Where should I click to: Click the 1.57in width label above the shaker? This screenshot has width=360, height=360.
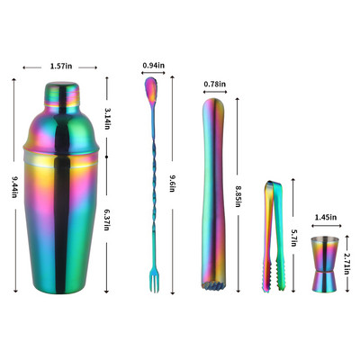pos(61,66)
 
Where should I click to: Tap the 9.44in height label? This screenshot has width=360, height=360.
pos(14,187)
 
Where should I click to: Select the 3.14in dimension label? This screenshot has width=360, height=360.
pos(107,119)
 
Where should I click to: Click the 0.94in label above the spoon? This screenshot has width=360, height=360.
pos(153,65)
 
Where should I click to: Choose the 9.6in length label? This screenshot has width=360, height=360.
pos(172,184)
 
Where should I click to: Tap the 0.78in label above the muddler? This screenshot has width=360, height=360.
pos(214,84)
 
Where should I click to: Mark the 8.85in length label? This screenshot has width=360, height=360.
pos(238,196)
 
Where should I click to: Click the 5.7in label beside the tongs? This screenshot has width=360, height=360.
pos(293,238)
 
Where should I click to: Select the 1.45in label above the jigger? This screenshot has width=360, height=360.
pos(326,217)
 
